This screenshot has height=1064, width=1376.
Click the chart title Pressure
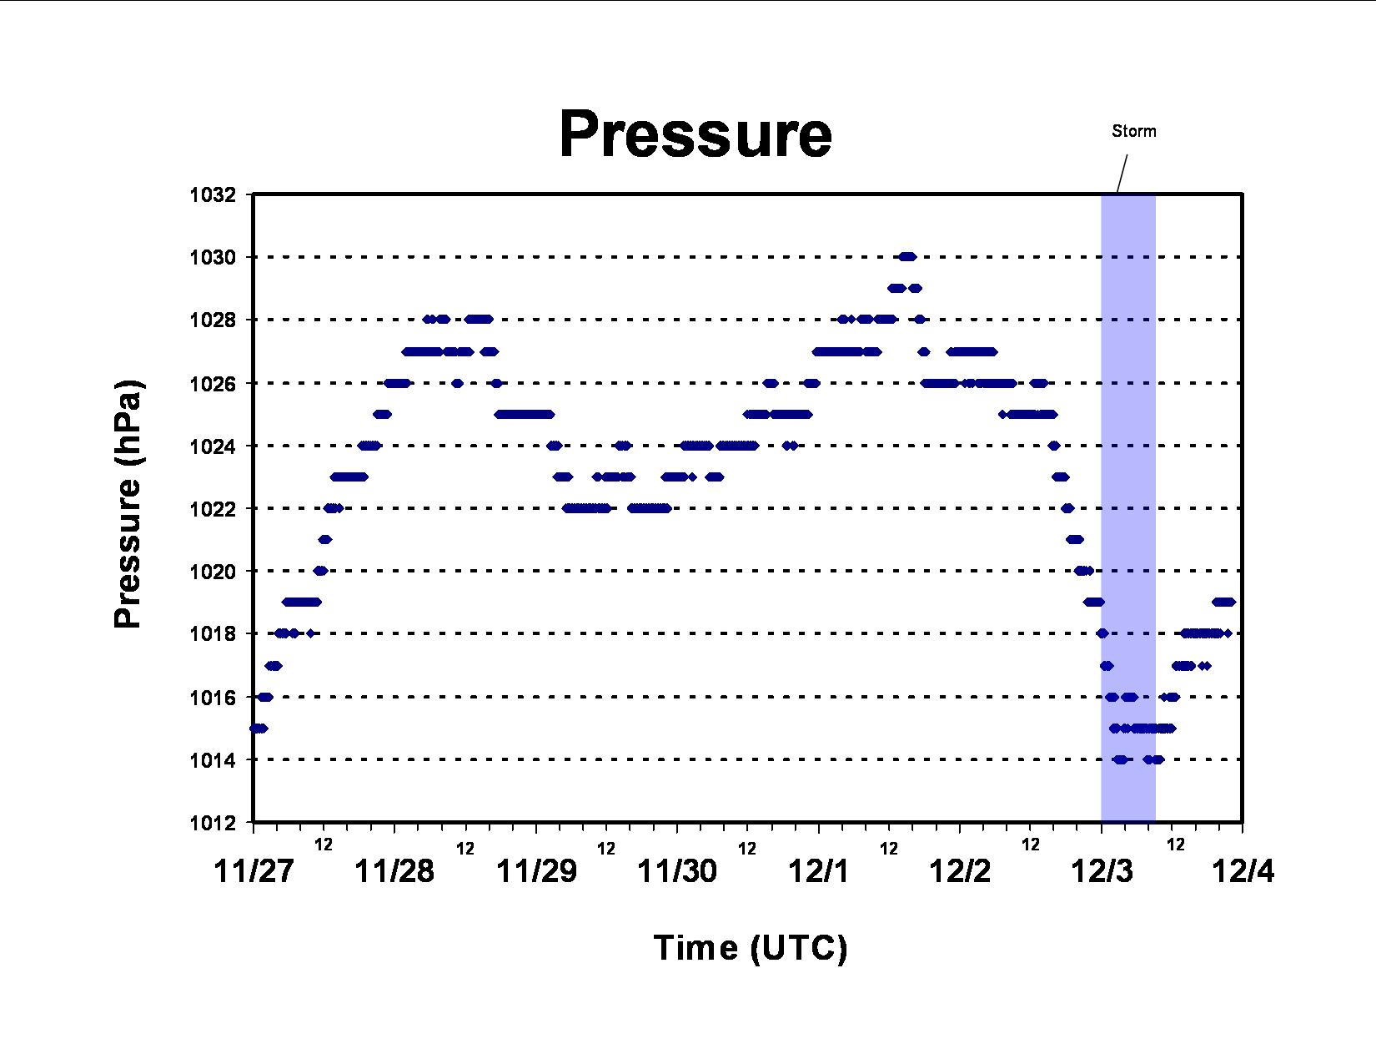(696, 134)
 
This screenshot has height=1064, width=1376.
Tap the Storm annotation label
(1133, 131)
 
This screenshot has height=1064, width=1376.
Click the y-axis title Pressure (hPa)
(128, 504)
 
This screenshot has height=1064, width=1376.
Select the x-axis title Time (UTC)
(751, 948)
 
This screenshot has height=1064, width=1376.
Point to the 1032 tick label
(213, 195)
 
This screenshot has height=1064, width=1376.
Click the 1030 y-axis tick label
(213, 257)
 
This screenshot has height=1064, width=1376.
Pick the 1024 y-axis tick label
(213, 446)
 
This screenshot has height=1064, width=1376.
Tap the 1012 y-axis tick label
(213, 823)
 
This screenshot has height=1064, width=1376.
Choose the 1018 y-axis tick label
(213, 633)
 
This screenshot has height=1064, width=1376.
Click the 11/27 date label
(254, 871)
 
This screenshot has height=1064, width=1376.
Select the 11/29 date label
(536, 871)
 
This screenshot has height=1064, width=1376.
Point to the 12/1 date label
(818, 871)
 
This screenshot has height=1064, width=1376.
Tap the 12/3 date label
(1101, 871)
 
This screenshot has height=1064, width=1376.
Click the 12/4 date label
(1243, 871)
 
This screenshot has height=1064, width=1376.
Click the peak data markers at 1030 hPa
(907, 257)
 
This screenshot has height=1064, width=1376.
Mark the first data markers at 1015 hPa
(259, 729)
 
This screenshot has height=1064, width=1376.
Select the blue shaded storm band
(1128, 508)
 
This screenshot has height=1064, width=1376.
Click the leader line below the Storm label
(1122, 173)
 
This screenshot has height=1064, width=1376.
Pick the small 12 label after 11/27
(324, 844)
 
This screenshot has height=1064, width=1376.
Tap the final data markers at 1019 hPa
(1224, 602)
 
